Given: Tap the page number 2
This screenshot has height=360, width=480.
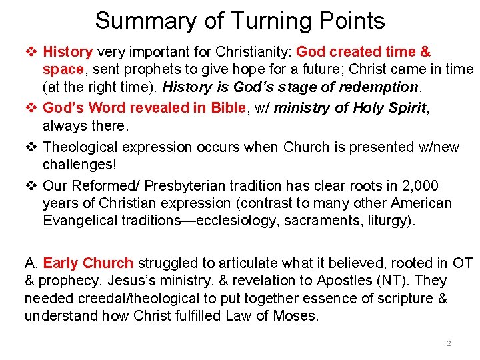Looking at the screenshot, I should [x=449, y=343].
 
